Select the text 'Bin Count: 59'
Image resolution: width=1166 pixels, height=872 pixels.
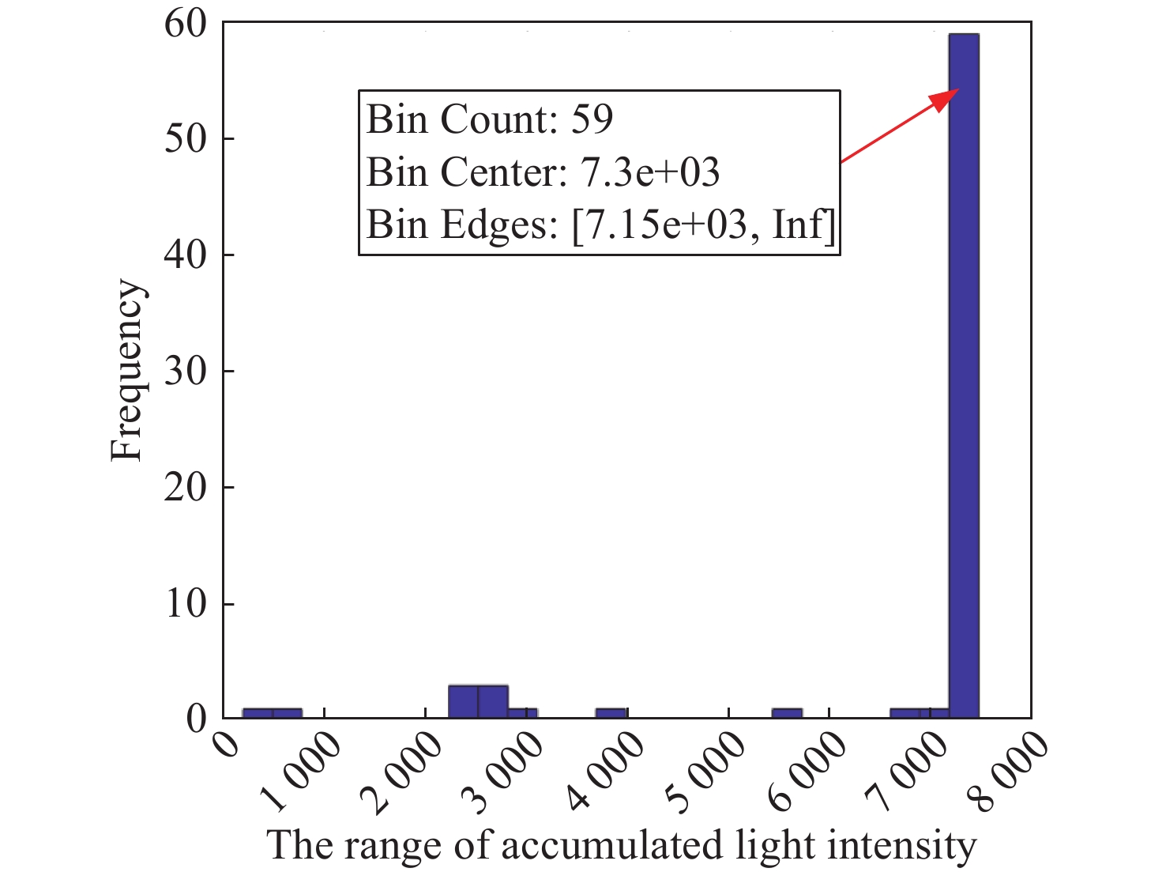(x=490, y=119)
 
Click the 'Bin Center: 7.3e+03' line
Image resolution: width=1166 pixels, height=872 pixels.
(x=543, y=172)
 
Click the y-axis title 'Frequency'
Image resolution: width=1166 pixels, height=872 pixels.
(x=126, y=370)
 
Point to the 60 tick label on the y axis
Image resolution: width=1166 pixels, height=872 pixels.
(x=185, y=24)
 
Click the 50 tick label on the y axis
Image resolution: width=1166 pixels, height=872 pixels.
(x=185, y=139)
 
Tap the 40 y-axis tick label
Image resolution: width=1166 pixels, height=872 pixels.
(x=185, y=255)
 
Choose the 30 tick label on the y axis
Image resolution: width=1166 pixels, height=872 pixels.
(x=185, y=371)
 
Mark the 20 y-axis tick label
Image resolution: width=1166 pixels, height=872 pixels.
(x=185, y=487)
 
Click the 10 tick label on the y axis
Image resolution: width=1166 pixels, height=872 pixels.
(x=185, y=603)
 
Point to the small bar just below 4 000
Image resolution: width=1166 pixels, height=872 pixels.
(x=611, y=713)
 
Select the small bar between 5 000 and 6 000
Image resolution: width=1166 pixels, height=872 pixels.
(x=787, y=713)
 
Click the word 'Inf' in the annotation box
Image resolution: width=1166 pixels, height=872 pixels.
(x=801, y=225)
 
